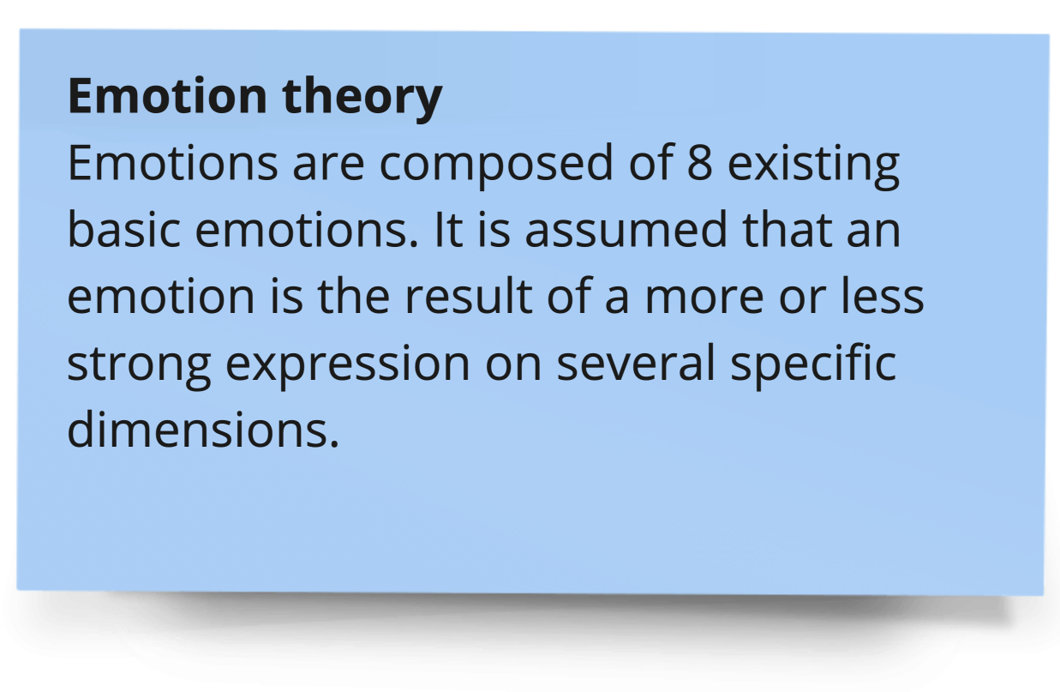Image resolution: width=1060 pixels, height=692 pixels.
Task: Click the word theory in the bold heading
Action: click(x=362, y=99)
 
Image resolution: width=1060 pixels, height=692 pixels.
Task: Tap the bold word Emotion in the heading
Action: click(x=167, y=96)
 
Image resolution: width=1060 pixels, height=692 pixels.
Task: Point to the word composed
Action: click(x=496, y=165)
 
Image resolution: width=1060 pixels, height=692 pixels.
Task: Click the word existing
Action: click(x=813, y=166)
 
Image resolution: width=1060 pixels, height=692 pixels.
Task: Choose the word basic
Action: click(x=124, y=230)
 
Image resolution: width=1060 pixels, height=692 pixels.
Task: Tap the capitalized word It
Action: click(x=448, y=230)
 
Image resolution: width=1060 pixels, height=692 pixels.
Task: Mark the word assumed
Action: click(x=626, y=230)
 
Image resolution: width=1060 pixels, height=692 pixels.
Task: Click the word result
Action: click(x=469, y=296)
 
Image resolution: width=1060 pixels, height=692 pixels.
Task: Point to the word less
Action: click(x=883, y=296)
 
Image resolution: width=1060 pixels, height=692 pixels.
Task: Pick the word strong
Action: click(x=139, y=367)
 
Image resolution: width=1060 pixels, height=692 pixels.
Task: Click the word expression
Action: click(x=348, y=367)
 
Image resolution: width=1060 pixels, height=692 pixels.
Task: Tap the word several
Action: click(x=636, y=363)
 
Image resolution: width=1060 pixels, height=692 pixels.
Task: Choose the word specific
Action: click(x=813, y=365)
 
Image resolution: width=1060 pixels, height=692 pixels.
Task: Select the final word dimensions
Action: click(x=203, y=429)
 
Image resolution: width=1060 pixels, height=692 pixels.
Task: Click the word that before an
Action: click(x=788, y=230)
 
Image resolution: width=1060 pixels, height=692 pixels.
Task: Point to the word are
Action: click(x=328, y=168)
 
